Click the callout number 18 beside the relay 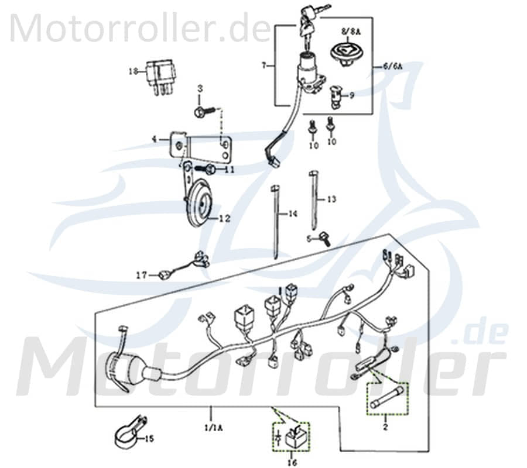pyautogui.click(x=132, y=72)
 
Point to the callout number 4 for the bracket pyautogui.click(x=154, y=139)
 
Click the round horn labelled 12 pyautogui.click(x=196, y=205)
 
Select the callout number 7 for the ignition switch pyautogui.click(x=264, y=66)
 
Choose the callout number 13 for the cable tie pyautogui.click(x=331, y=199)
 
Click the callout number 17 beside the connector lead pyautogui.click(x=141, y=274)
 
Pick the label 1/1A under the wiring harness pyautogui.click(x=210, y=428)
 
